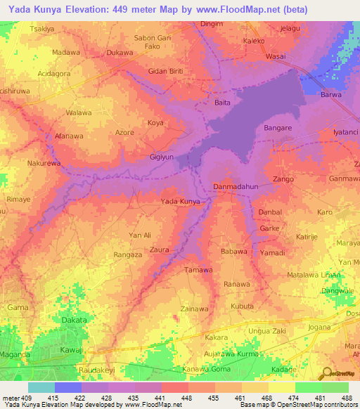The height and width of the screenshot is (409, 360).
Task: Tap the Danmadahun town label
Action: coord(235,187)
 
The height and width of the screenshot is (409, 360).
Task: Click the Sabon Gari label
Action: coord(153,37)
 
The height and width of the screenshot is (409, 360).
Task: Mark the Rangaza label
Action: coord(129,255)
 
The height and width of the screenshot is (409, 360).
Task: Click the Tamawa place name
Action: coord(198,270)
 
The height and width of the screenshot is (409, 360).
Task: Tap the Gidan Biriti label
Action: coord(167,71)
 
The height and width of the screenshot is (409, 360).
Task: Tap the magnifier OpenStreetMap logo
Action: coord(326,374)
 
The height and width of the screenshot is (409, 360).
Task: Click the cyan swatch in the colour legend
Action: coord(41,387)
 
